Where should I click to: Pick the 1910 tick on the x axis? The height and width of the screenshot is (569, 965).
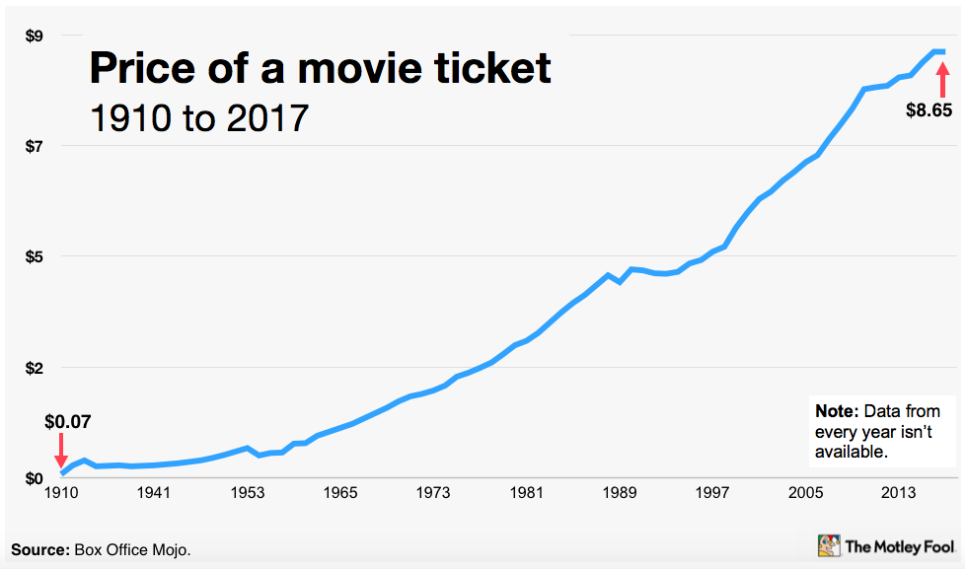(62, 493)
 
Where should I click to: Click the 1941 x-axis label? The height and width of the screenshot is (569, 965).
(155, 493)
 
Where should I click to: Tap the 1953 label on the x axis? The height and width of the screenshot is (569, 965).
(248, 493)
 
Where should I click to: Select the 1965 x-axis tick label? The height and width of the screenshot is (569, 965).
(340, 493)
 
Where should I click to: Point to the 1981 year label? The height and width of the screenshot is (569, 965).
(526, 493)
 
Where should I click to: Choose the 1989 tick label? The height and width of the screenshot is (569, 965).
(619, 493)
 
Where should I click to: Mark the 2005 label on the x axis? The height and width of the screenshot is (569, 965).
(805, 493)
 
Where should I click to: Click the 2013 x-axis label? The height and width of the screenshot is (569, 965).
(898, 493)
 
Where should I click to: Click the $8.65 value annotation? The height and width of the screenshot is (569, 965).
(928, 111)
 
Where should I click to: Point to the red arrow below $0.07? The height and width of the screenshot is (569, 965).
(61, 451)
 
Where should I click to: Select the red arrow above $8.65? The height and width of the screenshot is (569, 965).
(942, 78)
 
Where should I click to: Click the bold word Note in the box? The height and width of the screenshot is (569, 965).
(836, 411)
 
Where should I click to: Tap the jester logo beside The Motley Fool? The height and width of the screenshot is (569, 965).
(829, 545)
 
